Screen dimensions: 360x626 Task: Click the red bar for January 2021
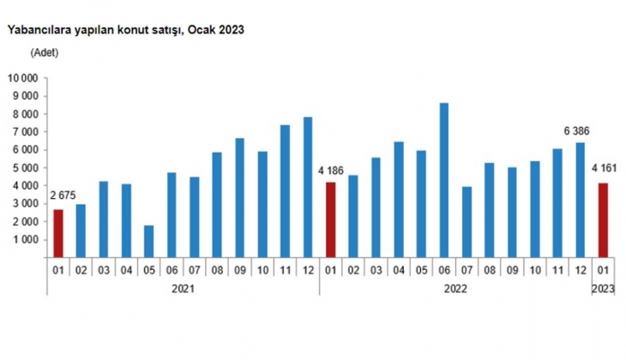(x=58, y=233)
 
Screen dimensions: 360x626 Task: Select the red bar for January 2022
(x=330, y=219)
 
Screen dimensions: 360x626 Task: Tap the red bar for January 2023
(x=603, y=220)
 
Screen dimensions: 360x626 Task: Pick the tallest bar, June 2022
(x=443, y=180)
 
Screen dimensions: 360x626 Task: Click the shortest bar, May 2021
(x=148, y=241)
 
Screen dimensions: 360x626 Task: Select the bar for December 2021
(x=307, y=187)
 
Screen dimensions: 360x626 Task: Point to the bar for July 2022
(x=466, y=222)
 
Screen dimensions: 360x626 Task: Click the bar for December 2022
(x=580, y=200)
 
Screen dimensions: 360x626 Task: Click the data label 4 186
(x=331, y=171)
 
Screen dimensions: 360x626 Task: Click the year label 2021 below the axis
(x=183, y=289)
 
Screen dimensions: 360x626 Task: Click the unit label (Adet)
(x=45, y=52)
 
